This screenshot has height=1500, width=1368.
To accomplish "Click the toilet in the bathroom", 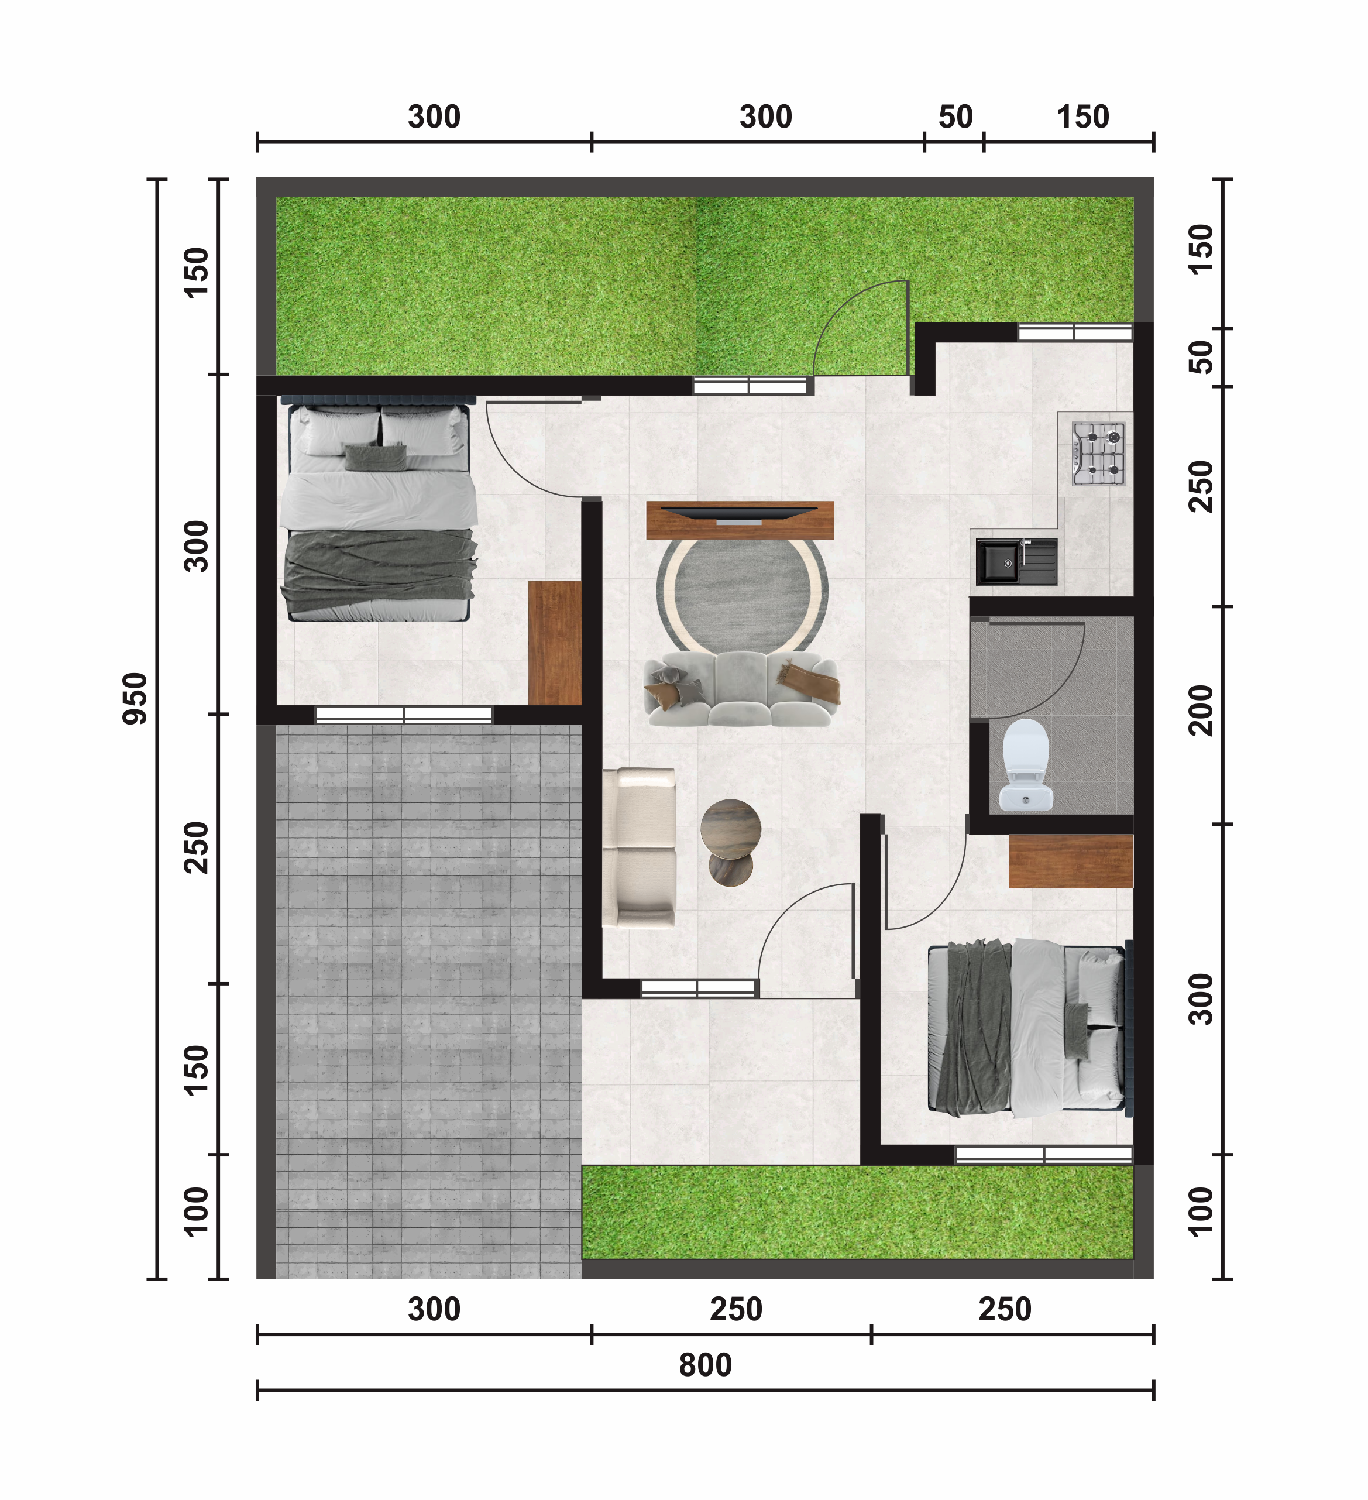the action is tap(1025, 765).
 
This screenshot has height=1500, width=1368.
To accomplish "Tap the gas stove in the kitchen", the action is tap(1098, 454).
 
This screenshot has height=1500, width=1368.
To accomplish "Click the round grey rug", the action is tap(742, 595).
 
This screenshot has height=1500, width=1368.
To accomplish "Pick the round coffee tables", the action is tap(730, 842).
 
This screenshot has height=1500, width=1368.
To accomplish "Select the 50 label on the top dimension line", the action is tap(955, 117).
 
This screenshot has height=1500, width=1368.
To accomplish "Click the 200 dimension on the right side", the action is tap(1201, 710).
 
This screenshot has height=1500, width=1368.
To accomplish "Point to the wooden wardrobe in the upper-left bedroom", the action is tap(554, 643).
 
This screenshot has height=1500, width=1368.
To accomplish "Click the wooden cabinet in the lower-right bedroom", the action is tap(1070, 861).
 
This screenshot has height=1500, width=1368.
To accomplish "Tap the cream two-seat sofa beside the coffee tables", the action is tap(639, 847).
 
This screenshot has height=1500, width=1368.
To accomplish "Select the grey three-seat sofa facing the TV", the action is tap(741, 688).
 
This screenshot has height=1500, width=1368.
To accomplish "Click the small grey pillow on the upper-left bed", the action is tap(376, 457).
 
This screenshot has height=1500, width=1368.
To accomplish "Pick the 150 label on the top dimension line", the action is tap(1083, 117).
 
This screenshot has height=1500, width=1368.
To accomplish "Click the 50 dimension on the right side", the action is tap(1201, 357).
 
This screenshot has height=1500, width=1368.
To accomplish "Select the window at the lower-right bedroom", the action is tap(1044, 1155).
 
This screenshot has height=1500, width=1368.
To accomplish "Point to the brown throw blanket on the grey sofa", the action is tap(809, 682).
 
